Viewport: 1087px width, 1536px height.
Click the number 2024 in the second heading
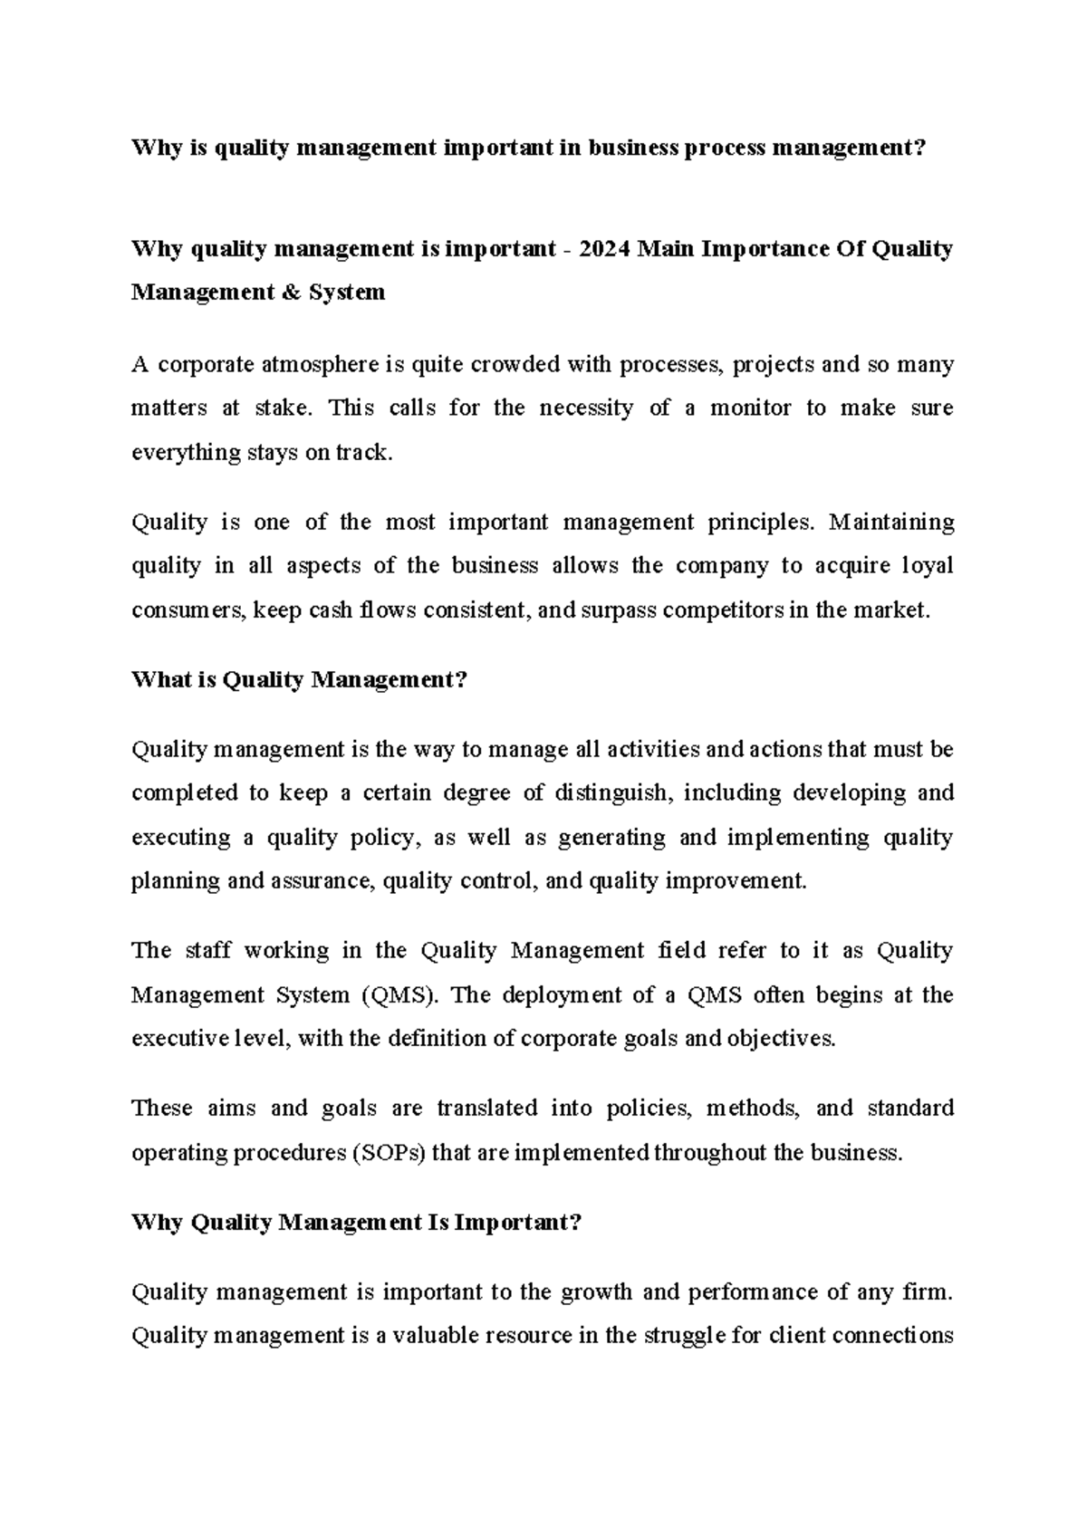[601, 249]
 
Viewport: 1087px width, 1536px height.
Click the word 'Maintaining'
[891, 523]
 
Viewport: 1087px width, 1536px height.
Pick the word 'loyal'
[927, 566]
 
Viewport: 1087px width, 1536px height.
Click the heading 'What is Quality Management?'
[299, 680]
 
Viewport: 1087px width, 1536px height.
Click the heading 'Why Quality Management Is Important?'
[356, 1224]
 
